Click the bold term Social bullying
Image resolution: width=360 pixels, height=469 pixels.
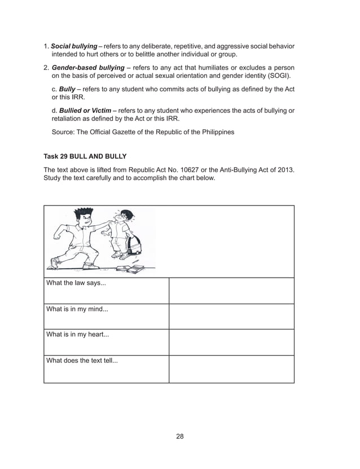click(x=74, y=46)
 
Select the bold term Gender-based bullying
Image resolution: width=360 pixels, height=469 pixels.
click(x=87, y=67)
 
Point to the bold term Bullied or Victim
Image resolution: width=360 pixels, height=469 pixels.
click(x=85, y=111)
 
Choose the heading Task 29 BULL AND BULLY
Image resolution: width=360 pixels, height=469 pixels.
click(x=85, y=156)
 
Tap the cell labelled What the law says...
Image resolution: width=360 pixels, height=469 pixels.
click(x=106, y=290)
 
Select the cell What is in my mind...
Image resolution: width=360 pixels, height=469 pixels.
click(x=106, y=316)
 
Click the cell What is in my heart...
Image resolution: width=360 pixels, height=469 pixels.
click(x=106, y=342)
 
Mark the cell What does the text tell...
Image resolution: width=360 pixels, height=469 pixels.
click(x=106, y=369)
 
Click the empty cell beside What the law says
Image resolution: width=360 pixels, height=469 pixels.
click(x=231, y=290)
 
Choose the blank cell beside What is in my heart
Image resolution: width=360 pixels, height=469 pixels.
click(x=231, y=342)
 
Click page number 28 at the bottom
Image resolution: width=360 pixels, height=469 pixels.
click(x=180, y=436)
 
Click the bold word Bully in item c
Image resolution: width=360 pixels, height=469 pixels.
click(x=67, y=89)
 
